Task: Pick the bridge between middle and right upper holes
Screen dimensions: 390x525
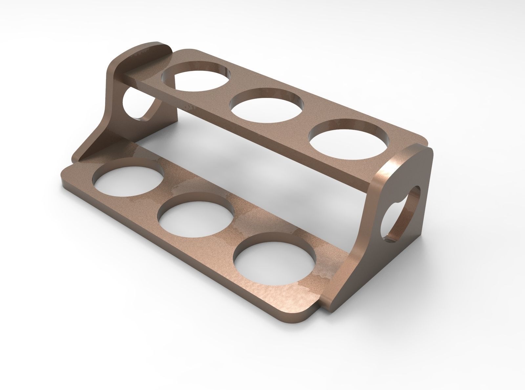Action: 307,122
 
